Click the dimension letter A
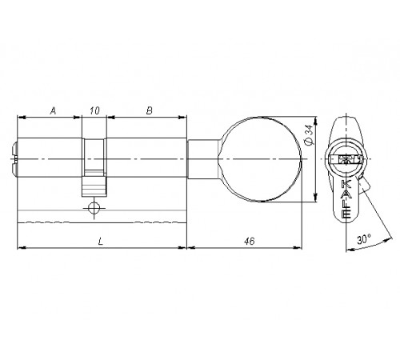click(54, 110)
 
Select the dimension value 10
click(94, 110)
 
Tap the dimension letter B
click(150, 110)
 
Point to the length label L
click(100, 242)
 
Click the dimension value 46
click(250, 241)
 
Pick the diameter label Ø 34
click(309, 135)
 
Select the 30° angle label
click(364, 239)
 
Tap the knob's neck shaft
click(203, 159)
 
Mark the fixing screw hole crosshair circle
click(94, 208)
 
